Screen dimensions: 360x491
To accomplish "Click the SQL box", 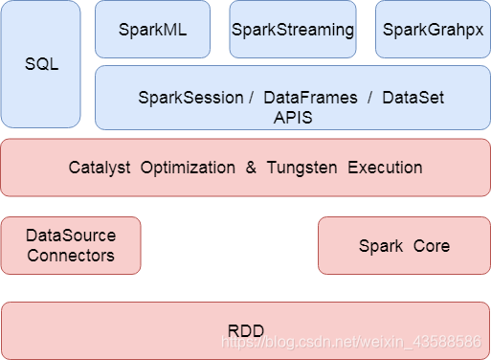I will (40, 64).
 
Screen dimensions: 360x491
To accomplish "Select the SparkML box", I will (153, 30).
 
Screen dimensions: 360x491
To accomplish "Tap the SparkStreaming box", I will (293, 30).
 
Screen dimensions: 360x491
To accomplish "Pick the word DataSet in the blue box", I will (413, 98).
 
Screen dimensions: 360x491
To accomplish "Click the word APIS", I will (293, 117).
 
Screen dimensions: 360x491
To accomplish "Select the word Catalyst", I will (100, 168).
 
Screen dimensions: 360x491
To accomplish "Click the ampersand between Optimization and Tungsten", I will (251, 168).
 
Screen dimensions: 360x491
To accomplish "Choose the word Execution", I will (385, 168).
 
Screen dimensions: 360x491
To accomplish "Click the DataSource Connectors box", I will (71, 245).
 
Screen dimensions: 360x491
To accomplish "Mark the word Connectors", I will (71, 256).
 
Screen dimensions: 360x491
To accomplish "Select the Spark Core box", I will (404, 246).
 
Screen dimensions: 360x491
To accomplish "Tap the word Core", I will (432, 246).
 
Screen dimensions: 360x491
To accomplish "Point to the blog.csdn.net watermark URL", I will (350, 341).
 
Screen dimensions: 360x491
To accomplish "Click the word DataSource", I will (71, 236).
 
